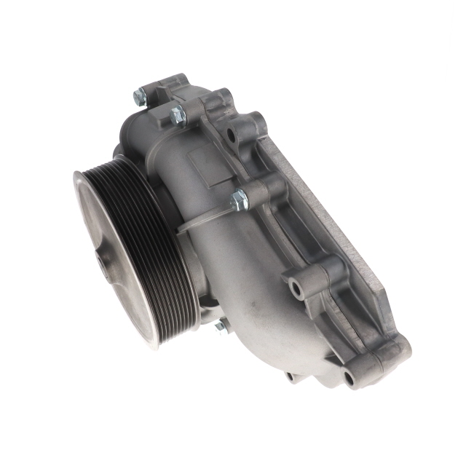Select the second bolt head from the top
[177, 114]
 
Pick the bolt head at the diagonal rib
[239, 199]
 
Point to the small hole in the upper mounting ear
[231, 135]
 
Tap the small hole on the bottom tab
[290, 376]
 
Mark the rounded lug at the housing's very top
[173, 81]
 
